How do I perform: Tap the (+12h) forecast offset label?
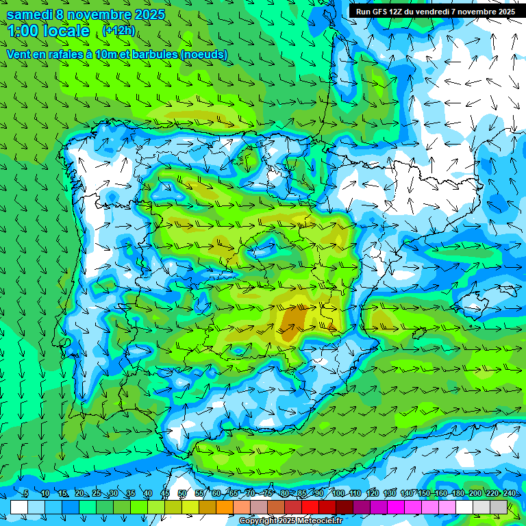tap(118, 31)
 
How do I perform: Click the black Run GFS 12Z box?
tap(435, 12)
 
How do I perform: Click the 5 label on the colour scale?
tap(25, 493)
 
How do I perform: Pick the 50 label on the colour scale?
tap(181, 493)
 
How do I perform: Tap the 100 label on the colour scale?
tap(338, 493)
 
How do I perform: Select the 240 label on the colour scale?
tap(509, 493)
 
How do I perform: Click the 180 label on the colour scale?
tap(458, 493)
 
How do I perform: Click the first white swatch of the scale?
tap(19, 507)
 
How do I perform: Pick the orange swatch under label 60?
tap(225, 507)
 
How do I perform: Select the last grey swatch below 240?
tap(499, 507)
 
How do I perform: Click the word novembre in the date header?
tap(99, 14)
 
